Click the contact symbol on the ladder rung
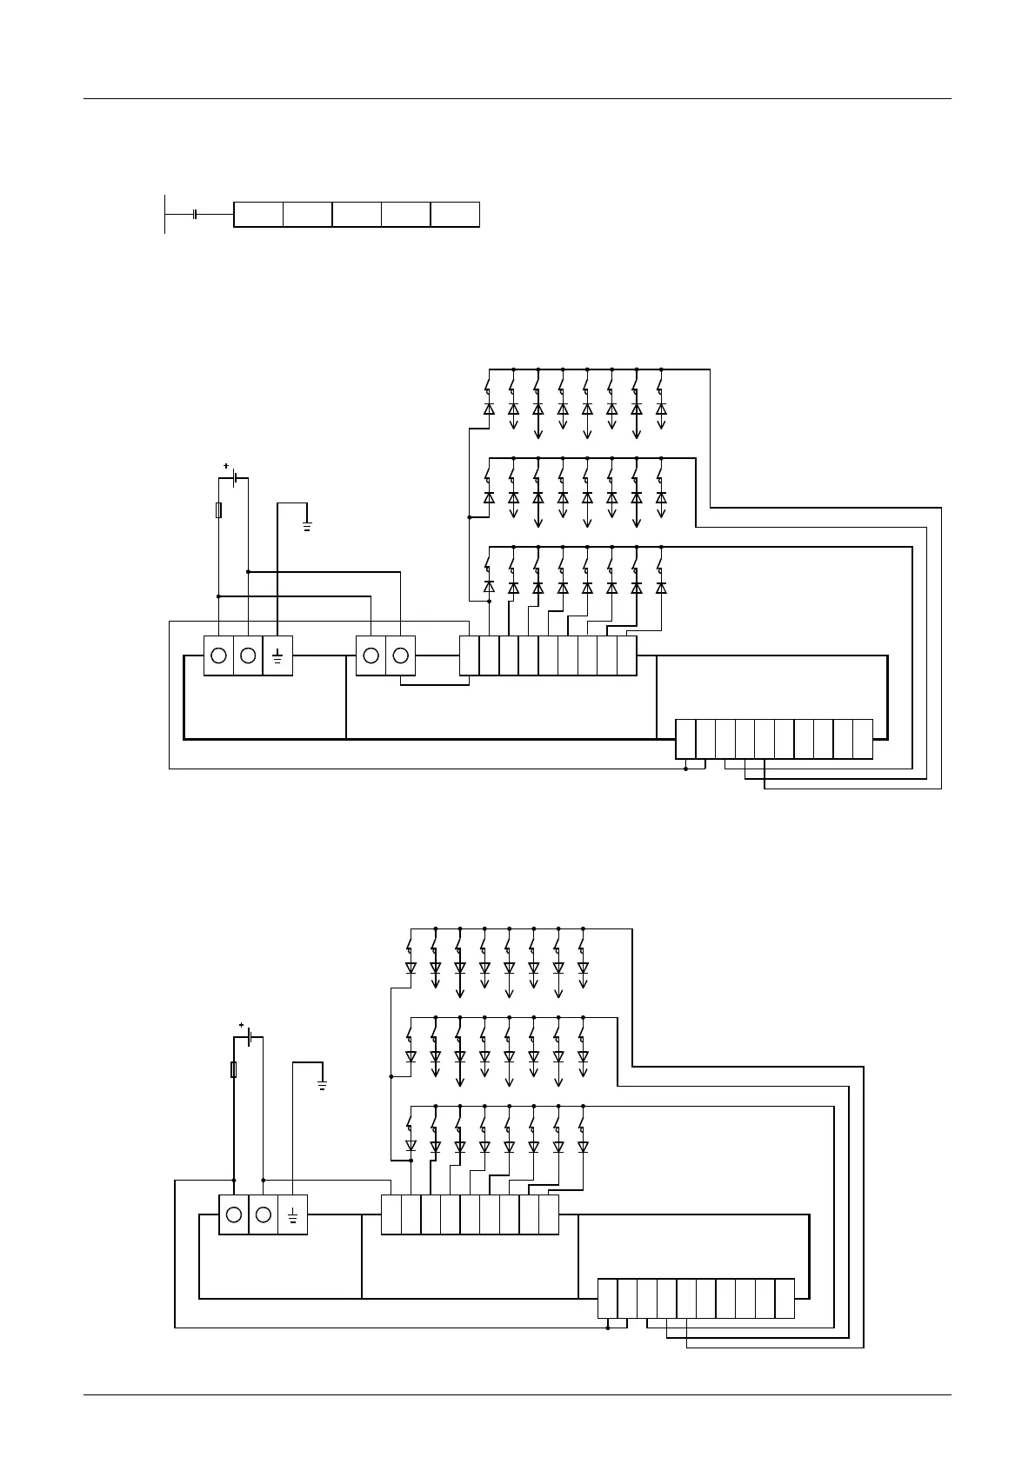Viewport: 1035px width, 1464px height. (x=196, y=214)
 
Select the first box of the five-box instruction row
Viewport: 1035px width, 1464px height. (x=258, y=214)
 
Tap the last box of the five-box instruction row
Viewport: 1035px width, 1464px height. (x=455, y=214)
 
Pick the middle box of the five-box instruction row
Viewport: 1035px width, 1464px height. (x=357, y=214)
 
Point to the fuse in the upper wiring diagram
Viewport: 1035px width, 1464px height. (x=218, y=510)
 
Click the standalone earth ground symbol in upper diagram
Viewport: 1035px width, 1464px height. (x=307, y=524)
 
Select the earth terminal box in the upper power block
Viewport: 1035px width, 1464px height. (x=277, y=655)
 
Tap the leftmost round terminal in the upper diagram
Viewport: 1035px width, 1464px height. (x=218, y=655)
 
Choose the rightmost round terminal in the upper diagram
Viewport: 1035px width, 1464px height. (x=401, y=655)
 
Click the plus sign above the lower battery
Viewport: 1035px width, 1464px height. (x=241, y=1026)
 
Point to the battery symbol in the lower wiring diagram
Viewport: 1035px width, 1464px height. (x=250, y=1037)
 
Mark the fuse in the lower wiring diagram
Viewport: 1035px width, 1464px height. (x=233, y=1069)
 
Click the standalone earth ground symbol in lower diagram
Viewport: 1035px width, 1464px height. (x=323, y=1084)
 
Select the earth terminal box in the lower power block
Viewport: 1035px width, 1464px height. (x=293, y=1214)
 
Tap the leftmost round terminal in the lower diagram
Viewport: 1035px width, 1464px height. (x=233, y=1214)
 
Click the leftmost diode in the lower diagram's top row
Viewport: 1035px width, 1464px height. (x=411, y=968)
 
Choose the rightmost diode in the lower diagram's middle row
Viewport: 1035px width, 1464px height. (x=583, y=1057)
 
